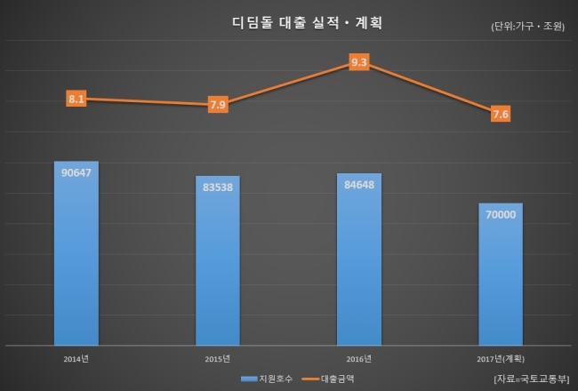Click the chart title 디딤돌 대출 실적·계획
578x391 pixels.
click(307, 23)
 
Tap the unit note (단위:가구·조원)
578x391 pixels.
click(527, 26)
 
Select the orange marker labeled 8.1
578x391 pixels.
click(76, 99)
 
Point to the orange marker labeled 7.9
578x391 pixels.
click(218, 105)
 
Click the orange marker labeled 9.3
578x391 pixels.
click(359, 62)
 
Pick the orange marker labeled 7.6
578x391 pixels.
click(501, 114)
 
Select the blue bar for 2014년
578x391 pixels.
click(76, 253)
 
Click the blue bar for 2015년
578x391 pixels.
click(218, 260)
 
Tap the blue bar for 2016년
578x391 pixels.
click(359, 259)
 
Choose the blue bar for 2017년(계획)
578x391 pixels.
click(501, 275)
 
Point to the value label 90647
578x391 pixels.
click(76, 172)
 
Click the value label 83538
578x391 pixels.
click(218, 188)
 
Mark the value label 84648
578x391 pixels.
click(359, 185)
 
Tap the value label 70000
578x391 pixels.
click(501, 214)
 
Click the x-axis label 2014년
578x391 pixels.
click(76, 359)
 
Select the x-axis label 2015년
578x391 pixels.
click(218, 359)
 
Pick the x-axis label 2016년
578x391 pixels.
click(358, 359)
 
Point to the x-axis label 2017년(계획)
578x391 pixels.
click(501, 359)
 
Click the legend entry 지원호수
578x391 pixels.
click(267, 379)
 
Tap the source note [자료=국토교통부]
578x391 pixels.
click(531, 379)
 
